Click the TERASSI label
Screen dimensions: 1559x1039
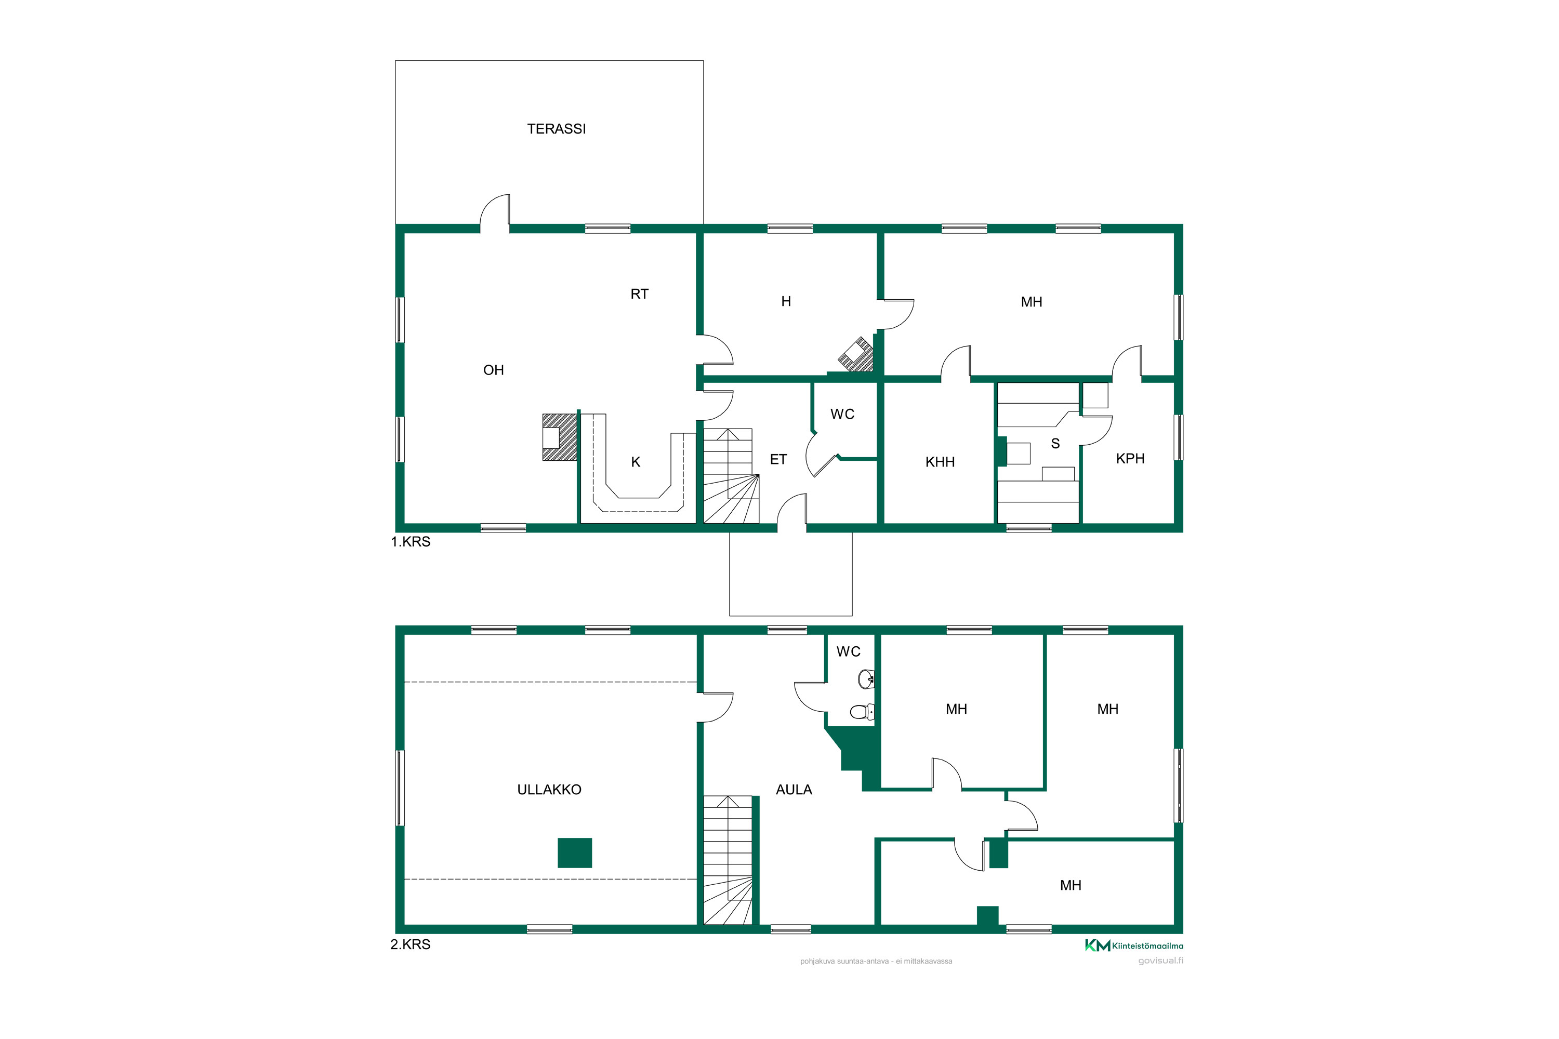point(556,128)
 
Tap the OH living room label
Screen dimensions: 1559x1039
point(493,370)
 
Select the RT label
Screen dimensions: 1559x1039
point(639,294)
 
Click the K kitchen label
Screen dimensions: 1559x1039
point(635,462)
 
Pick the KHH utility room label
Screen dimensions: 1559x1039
point(940,462)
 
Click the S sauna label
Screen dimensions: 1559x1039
point(1055,443)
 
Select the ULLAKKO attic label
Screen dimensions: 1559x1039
point(549,789)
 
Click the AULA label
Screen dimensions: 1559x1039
point(794,789)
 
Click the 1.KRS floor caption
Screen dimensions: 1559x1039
point(411,541)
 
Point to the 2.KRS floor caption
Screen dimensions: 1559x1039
point(411,944)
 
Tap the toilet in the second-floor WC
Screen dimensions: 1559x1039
point(862,712)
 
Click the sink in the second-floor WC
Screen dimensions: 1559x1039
point(866,678)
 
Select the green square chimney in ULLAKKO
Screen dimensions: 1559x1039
point(574,853)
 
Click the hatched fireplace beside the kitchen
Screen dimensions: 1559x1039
point(560,437)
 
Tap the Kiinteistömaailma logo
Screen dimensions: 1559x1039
point(1133,945)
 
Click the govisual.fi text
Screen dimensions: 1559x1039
point(1160,961)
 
